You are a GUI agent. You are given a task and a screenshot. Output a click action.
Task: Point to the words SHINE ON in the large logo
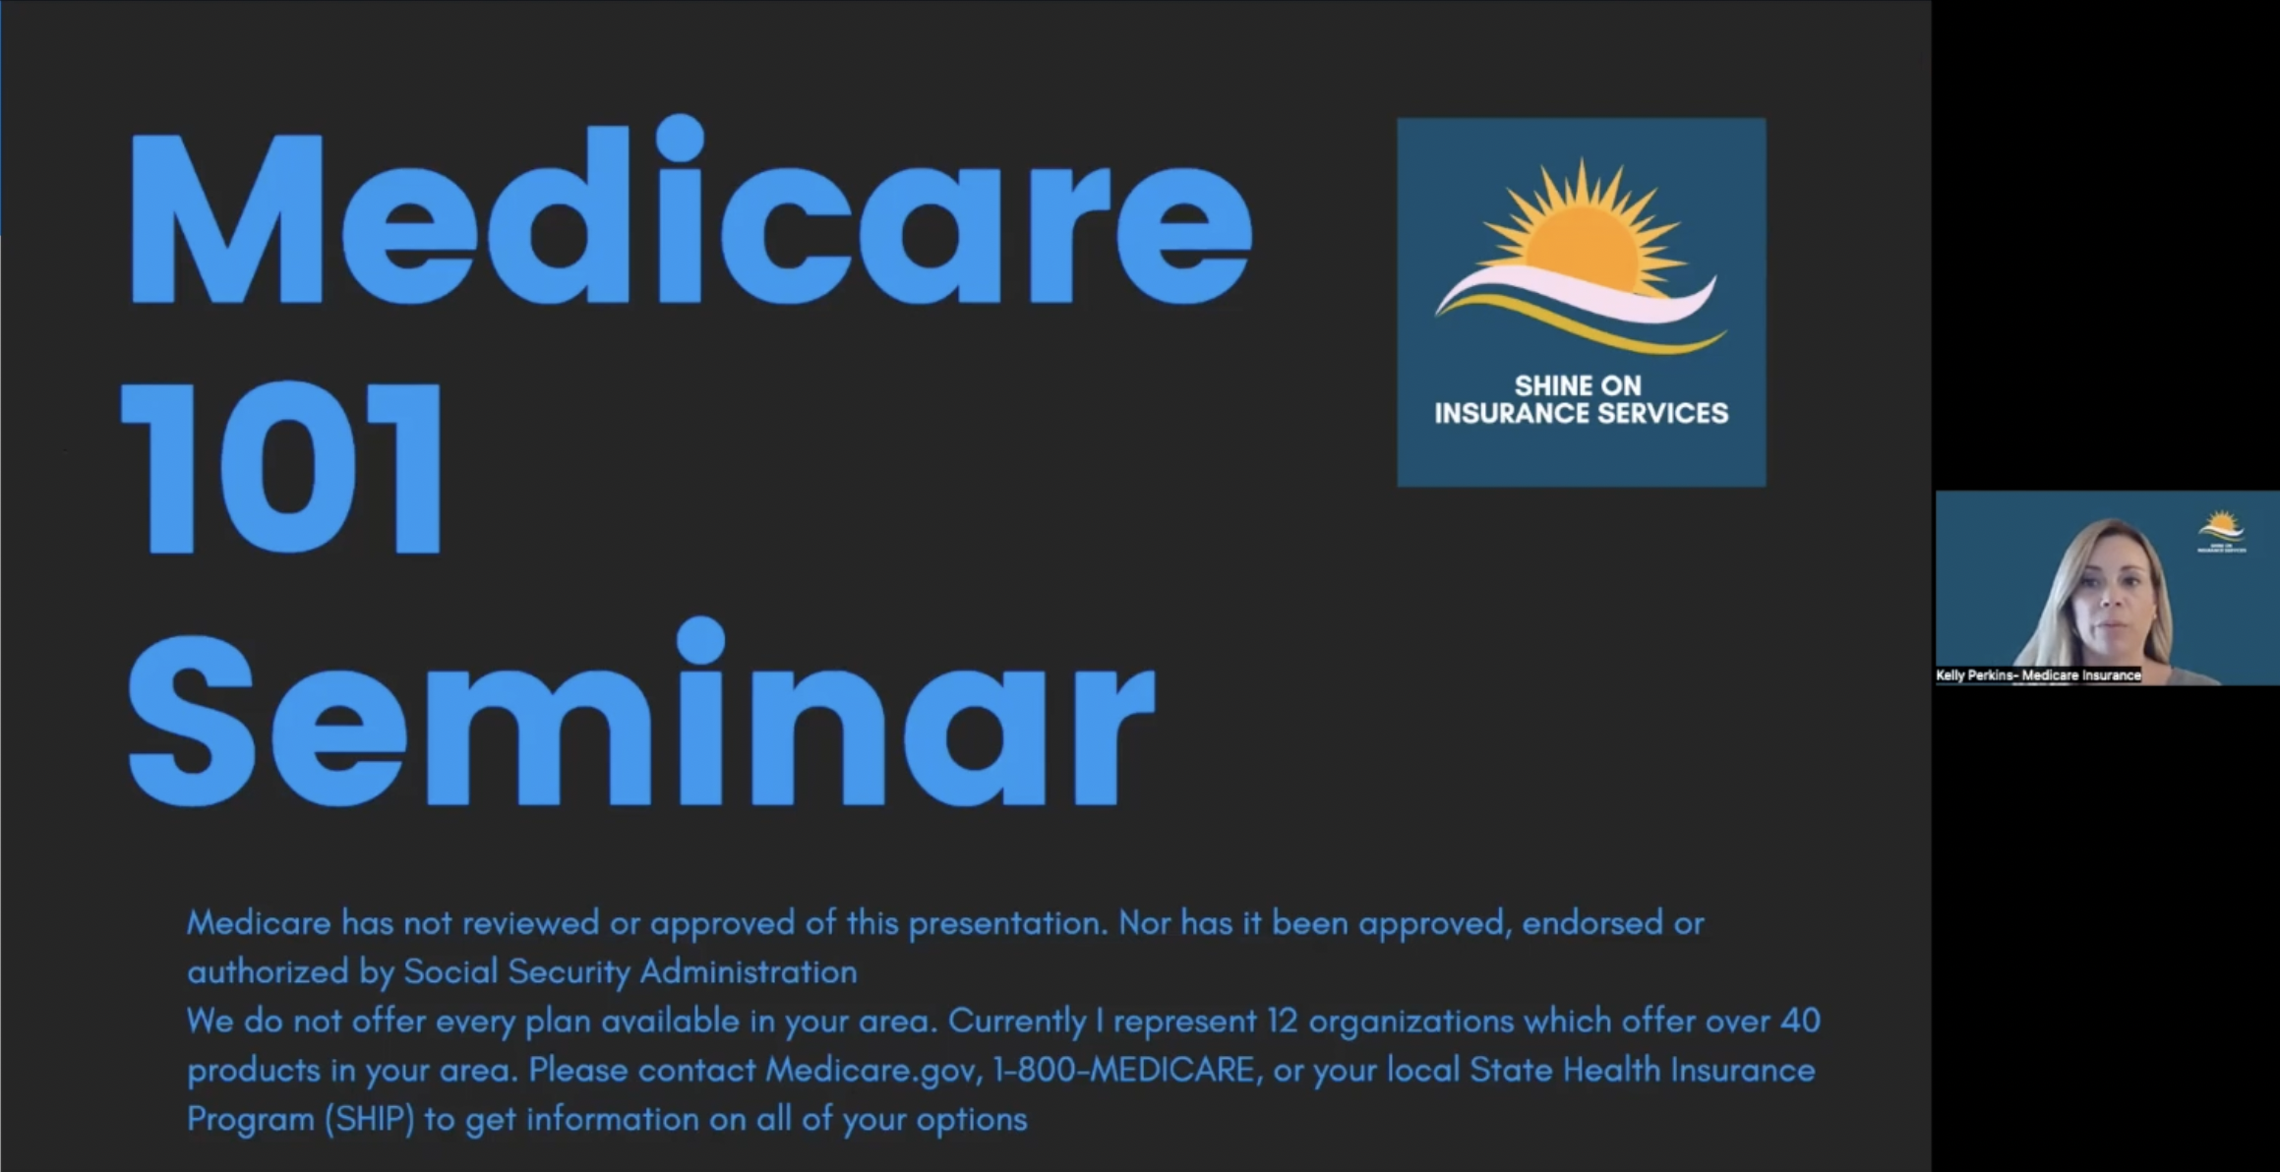click(1578, 385)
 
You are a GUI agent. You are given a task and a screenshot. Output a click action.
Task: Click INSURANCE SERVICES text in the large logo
click(1581, 413)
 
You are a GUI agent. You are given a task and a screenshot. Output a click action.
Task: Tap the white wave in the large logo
click(1574, 295)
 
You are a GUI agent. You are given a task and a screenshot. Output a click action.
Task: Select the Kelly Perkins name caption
click(2038, 675)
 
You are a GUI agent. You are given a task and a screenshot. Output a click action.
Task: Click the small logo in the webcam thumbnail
click(2221, 531)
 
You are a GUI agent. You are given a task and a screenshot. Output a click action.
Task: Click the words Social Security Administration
click(630, 972)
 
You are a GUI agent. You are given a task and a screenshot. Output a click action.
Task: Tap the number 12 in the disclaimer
click(1283, 1021)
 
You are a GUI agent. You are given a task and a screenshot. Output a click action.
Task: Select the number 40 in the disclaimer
click(1799, 1021)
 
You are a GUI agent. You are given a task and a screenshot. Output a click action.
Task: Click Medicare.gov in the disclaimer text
click(873, 1070)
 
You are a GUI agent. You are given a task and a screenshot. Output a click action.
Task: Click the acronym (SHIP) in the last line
click(369, 1119)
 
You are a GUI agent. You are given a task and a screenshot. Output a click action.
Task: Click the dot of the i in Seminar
click(701, 640)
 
